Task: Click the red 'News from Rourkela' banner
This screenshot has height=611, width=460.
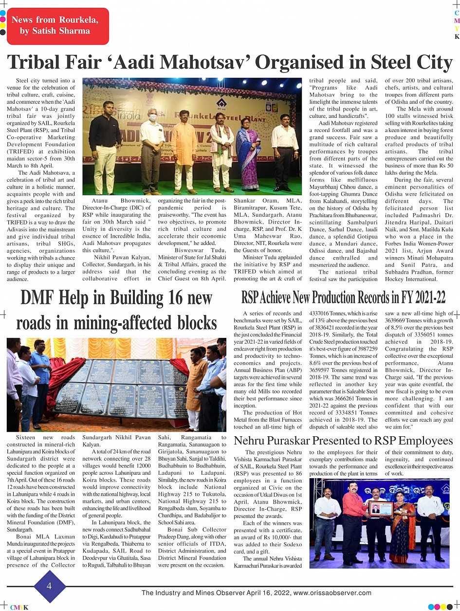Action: click(55, 26)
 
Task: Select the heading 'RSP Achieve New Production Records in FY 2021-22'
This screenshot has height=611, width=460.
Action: click(343, 296)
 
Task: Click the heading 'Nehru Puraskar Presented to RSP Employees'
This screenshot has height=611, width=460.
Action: click(343, 441)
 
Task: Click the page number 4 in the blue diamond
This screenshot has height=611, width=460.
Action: click(49, 586)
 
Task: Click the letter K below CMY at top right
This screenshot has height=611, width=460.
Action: click(457, 37)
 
